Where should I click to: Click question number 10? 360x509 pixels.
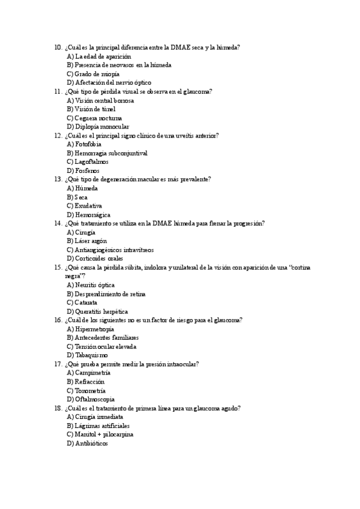(x=58, y=47)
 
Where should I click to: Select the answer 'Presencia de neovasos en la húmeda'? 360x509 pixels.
(x=119, y=65)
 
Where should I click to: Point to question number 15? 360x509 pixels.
(x=58, y=268)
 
